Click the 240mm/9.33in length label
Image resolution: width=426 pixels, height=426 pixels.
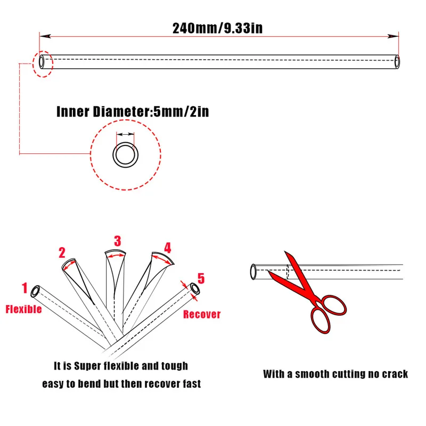tap(217, 28)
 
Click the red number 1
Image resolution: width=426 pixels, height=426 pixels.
tap(24, 289)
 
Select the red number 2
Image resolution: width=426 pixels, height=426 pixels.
tap(62, 252)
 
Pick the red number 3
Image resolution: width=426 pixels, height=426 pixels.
tap(118, 241)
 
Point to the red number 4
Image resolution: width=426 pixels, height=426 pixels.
tap(168, 248)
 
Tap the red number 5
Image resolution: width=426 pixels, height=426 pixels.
tap(201, 278)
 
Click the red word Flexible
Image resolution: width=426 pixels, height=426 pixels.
tap(23, 309)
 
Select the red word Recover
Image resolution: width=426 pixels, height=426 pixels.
tap(202, 314)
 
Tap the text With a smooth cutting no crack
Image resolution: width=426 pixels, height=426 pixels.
tap(335, 374)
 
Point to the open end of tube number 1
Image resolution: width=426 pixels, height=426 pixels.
tap(36, 291)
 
